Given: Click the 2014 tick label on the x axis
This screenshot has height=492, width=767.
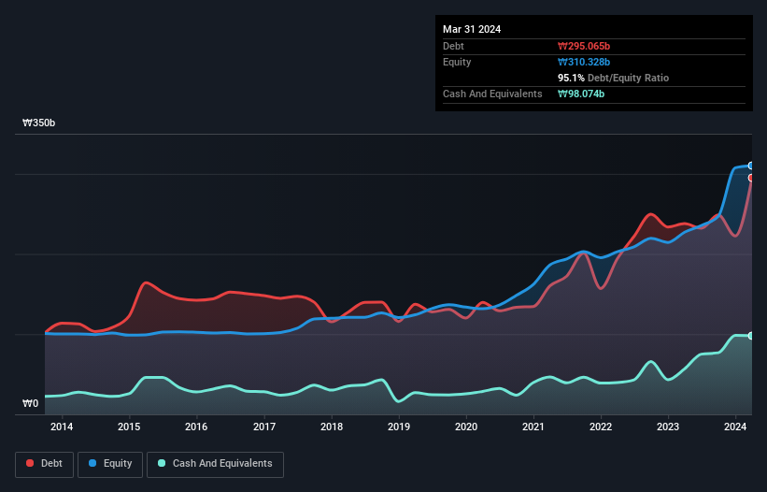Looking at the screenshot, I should tap(62, 427).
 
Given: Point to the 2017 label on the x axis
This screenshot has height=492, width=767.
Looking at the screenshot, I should tap(264, 427).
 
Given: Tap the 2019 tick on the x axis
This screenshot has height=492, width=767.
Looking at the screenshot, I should tap(399, 427).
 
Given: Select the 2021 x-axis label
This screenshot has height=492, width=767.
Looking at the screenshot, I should tap(533, 427).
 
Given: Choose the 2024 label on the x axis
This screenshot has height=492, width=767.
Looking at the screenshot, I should tap(736, 427).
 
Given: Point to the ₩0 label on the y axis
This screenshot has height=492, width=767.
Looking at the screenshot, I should tap(30, 404).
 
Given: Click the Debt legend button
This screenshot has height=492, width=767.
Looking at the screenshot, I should tap(43, 464).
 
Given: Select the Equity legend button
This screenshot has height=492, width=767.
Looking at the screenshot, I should tap(110, 464).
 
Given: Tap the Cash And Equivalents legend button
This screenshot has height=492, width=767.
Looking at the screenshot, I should tap(215, 464).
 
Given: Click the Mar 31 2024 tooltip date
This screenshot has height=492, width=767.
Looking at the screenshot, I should tap(472, 29).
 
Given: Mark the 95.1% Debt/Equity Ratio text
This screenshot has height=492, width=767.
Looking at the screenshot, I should tap(613, 78).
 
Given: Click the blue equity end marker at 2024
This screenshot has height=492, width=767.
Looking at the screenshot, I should tap(750, 166).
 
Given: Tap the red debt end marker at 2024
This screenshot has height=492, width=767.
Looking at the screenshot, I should tap(750, 178).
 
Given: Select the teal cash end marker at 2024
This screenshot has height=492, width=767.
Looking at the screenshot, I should tap(750, 336).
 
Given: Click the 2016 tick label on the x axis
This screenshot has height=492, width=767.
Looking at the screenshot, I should tap(196, 427).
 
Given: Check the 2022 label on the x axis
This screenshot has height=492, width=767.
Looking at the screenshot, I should tap(601, 427).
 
